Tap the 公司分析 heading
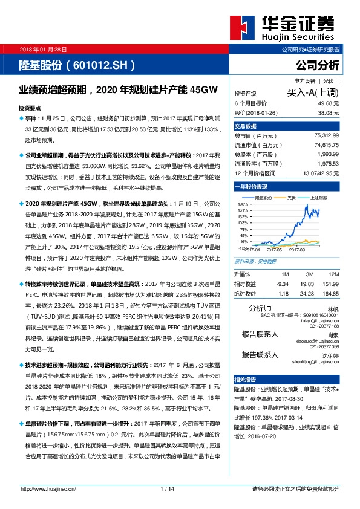pyautogui.click(x=318, y=64)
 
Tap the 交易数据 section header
pyautogui.click(x=246, y=126)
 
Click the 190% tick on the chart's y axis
pyautogui.click(x=243, y=205)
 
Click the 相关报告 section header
pyautogui.click(x=246, y=379)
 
